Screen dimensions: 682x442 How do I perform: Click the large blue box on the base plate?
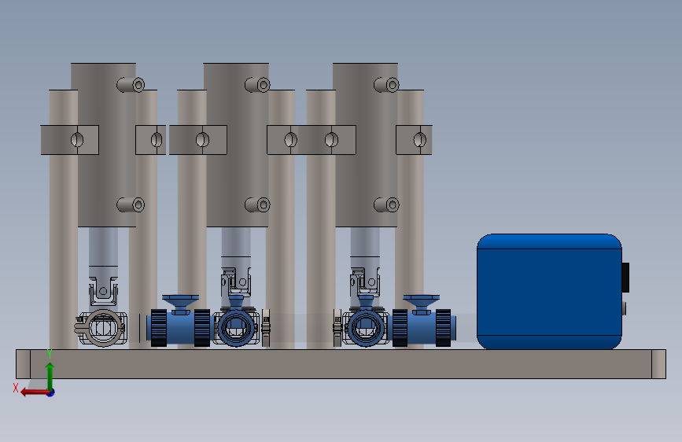[x=549, y=292]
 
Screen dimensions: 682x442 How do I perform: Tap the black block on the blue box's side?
[x=625, y=277]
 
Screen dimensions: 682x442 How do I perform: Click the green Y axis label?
[x=50, y=354]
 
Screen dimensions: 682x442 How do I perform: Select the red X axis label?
[x=16, y=388]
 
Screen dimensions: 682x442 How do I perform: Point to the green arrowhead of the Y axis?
[x=50, y=366]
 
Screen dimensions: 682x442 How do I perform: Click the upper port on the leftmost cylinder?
[x=131, y=85]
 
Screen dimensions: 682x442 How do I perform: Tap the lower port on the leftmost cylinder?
[x=131, y=204]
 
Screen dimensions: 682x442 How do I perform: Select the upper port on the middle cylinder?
[x=258, y=85]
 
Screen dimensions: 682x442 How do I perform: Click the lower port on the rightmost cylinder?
[x=387, y=204]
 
